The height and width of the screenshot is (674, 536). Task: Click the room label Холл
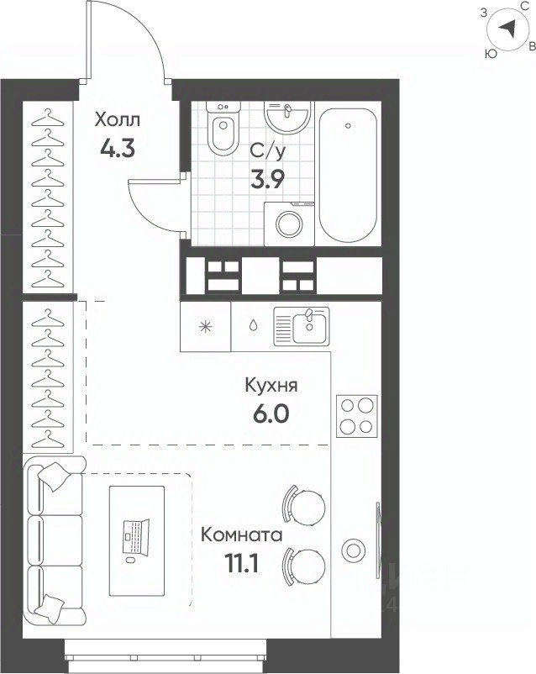(x=118, y=119)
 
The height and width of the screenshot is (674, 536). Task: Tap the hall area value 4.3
(x=118, y=149)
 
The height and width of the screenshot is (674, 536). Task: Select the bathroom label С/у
(x=268, y=151)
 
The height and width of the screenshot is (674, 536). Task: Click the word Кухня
(x=271, y=386)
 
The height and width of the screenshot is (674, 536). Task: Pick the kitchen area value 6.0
(x=271, y=414)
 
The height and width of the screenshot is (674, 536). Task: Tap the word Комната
(x=242, y=535)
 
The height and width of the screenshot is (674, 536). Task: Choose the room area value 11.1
(x=242, y=564)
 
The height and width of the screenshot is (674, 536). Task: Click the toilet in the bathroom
(x=223, y=127)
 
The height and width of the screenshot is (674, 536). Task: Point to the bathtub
(x=348, y=175)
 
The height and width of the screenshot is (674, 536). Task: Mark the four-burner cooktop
(x=357, y=416)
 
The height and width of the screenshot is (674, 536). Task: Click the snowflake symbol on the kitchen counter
(x=206, y=327)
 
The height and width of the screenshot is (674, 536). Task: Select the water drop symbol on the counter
(x=254, y=325)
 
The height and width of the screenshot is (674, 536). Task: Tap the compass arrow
(x=507, y=29)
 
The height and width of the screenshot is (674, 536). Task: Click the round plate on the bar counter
(x=353, y=550)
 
